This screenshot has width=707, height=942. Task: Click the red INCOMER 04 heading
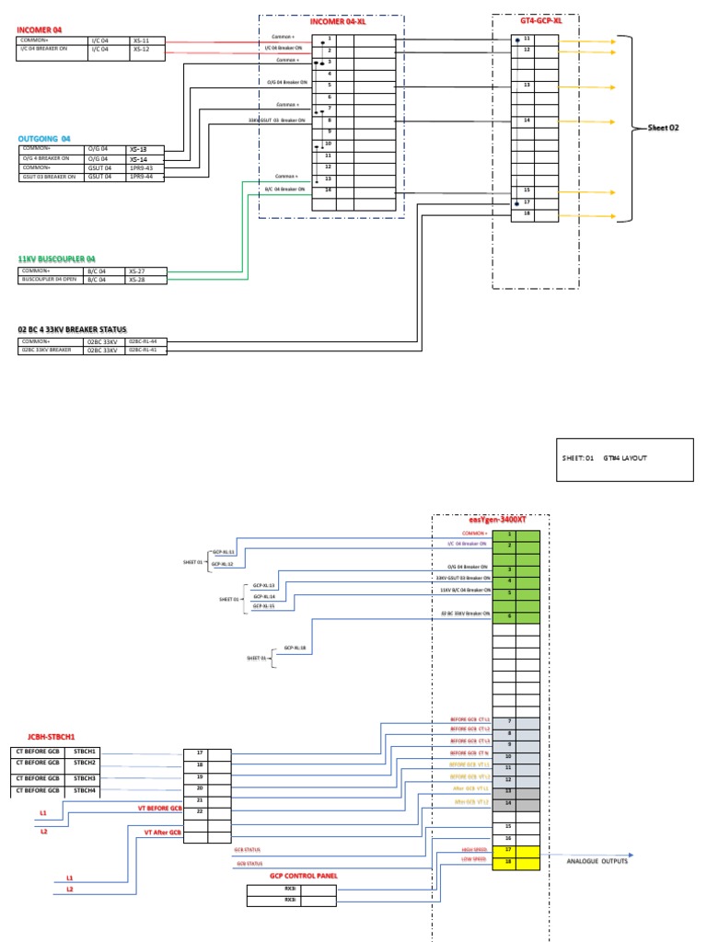(x=38, y=30)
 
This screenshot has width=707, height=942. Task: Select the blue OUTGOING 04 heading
(x=43, y=138)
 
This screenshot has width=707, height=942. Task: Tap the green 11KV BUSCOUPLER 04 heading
(x=56, y=259)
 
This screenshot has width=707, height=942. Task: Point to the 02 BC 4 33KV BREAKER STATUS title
(x=73, y=328)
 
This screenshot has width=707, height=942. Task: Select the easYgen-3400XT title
(x=490, y=521)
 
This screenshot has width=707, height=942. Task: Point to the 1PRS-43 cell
(x=142, y=167)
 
